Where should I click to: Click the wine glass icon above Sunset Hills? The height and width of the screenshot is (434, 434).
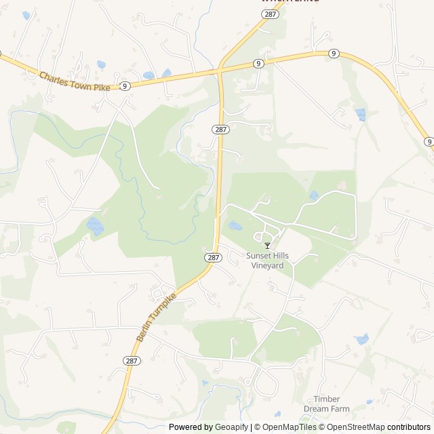[x=267, y=245]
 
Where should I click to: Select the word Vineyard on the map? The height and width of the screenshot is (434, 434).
[x=267, y=266]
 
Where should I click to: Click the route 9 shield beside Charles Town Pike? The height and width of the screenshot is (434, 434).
[x=125, y=86]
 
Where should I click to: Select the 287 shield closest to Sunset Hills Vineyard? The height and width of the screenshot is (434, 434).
[x=213, y=258]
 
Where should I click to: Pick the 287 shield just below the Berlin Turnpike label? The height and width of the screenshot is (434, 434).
[x=132, y=361]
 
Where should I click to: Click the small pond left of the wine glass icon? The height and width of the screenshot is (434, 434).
[x=235, y=226]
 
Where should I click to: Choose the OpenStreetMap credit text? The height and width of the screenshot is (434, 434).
[x=353, y=427]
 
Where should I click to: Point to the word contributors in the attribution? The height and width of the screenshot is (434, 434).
[x=409, y=427]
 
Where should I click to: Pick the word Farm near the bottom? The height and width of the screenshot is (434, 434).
[x=341, y=409]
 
